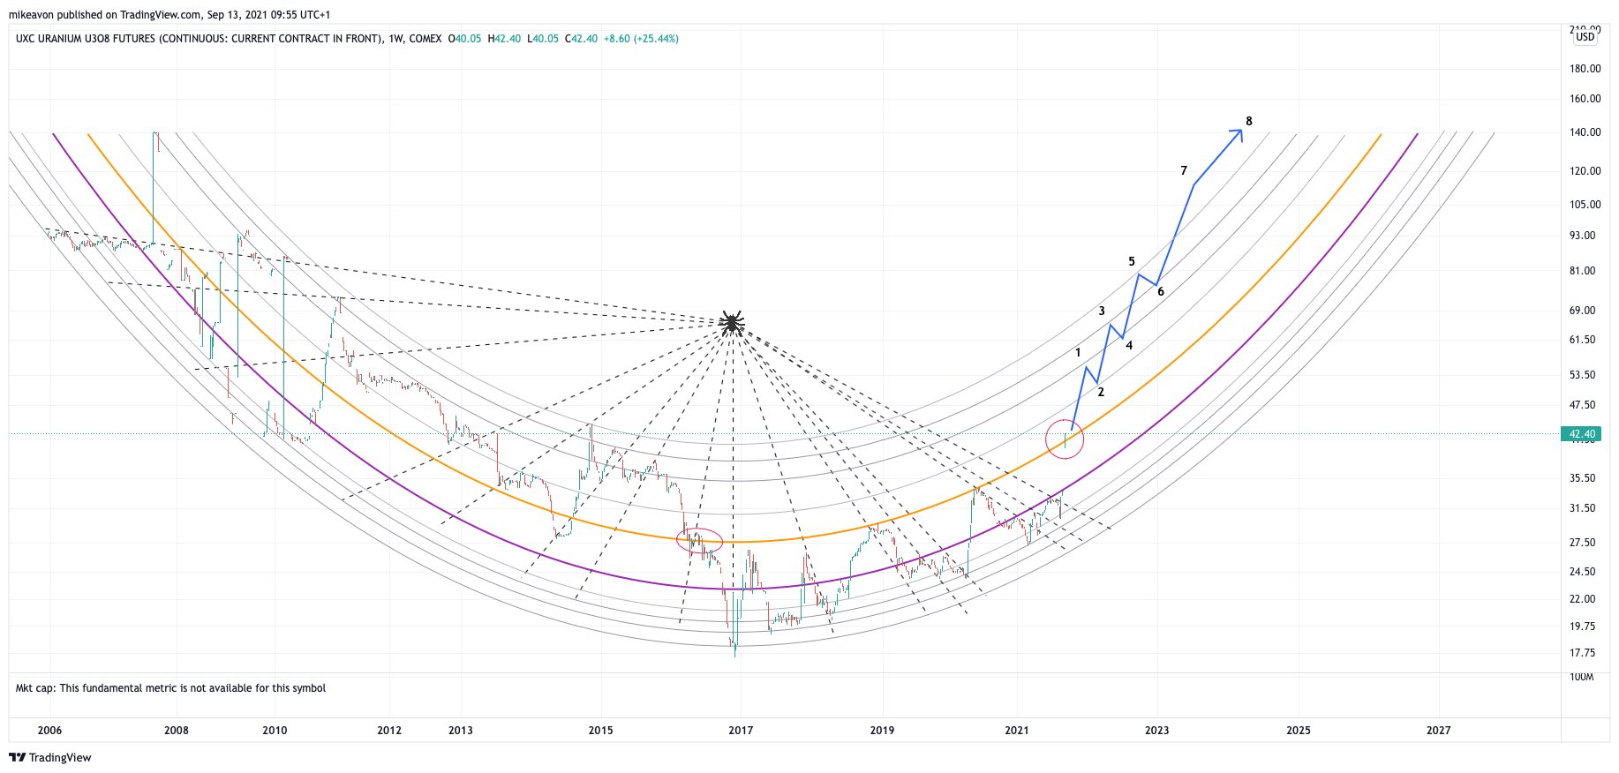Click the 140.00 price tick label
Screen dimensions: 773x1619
(1585, 132)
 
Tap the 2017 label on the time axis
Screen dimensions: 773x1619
(741, 730)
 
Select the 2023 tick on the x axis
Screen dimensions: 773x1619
(1156, 730)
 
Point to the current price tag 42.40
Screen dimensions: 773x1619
(1582, 434)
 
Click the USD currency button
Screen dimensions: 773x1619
(1585, 37)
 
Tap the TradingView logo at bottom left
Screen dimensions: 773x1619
(50, 757)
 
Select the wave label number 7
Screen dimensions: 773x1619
(1184, 170)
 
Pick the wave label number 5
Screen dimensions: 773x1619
(1132, 261)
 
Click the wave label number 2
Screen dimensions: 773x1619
(1101, 392)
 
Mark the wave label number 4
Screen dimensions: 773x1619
(1129, 345)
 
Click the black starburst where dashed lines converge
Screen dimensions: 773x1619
(732, 324)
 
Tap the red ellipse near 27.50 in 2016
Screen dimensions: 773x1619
(699, 540)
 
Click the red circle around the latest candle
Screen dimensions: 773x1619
(1065, 439)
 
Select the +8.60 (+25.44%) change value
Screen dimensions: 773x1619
(641, 39)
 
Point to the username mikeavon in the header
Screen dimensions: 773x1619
(34, 15)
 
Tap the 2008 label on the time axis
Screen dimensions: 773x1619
(177, 730)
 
